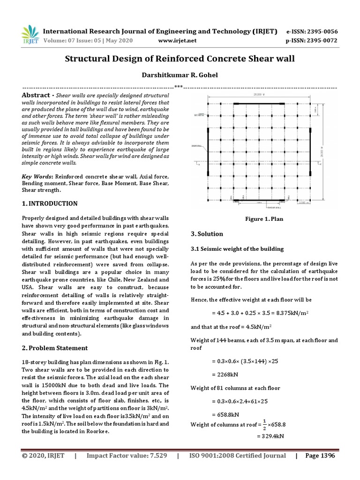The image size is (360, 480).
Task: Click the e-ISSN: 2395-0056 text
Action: [311, 31]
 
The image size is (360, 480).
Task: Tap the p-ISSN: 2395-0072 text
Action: [311, 41]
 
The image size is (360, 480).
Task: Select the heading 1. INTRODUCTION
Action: [50, 203]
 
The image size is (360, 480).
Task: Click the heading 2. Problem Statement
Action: [55, 348]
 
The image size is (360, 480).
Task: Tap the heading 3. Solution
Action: [207, 233]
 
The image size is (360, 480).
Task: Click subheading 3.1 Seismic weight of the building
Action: [237, 248]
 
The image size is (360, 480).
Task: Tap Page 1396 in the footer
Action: [320, 456]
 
